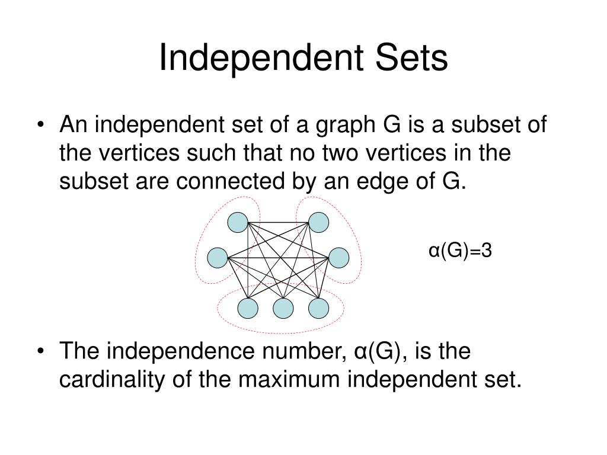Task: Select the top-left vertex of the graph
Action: (x=238, y=223)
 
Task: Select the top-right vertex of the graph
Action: (x=318, y=223)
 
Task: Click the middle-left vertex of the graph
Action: (x=218, y=258)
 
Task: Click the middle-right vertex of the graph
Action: (x=338, y=258)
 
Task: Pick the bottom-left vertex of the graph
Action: (x=248, y=308)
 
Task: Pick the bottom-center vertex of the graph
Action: (x=283, y=308)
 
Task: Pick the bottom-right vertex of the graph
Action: (x=318, y=308)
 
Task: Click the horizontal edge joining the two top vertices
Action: (x=278, y=223)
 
